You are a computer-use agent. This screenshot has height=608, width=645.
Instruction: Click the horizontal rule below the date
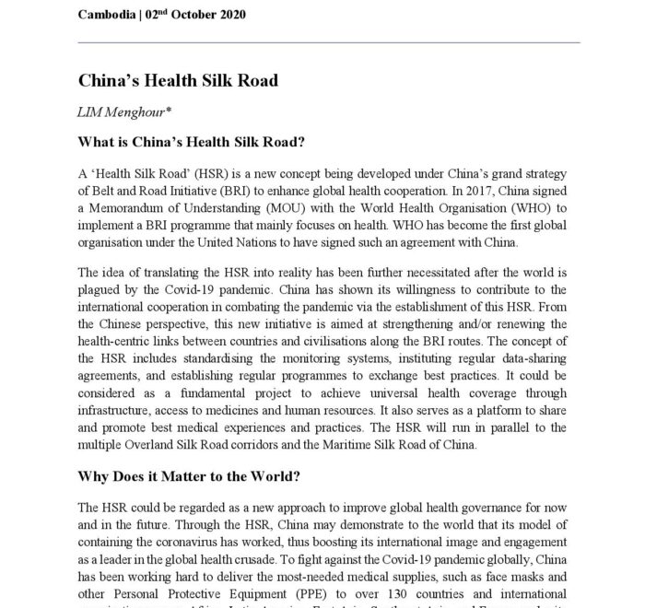(x=329, y=42)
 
